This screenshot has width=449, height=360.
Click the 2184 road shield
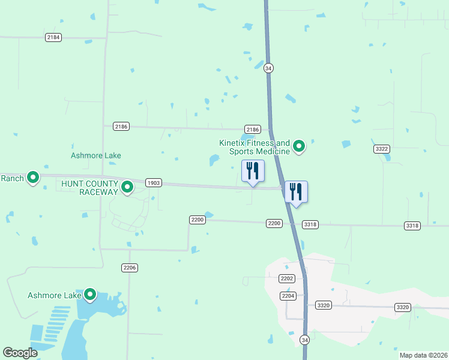pos(53,37)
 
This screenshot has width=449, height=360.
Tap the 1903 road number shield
pos(153,182)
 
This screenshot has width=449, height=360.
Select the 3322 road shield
pos(381,148)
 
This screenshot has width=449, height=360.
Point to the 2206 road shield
pos(129,268)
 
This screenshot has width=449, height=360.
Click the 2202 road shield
pos(287,278)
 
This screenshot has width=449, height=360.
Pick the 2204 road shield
pos(288,296)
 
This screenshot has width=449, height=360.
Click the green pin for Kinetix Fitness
pos(298,146)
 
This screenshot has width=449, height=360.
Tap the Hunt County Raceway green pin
pos(127,188)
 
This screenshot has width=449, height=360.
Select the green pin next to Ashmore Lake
pos(90,295)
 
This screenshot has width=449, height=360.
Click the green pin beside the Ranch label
pos(34,178)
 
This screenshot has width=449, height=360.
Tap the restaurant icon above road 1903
pos(253,170)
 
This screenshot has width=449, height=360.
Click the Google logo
pos(20,353)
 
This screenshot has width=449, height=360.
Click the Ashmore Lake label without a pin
pos(96,155)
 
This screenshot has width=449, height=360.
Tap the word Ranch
pos(12,178)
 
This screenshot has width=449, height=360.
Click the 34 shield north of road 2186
pos(268,68)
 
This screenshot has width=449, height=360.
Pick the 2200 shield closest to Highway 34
pos(274,223)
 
